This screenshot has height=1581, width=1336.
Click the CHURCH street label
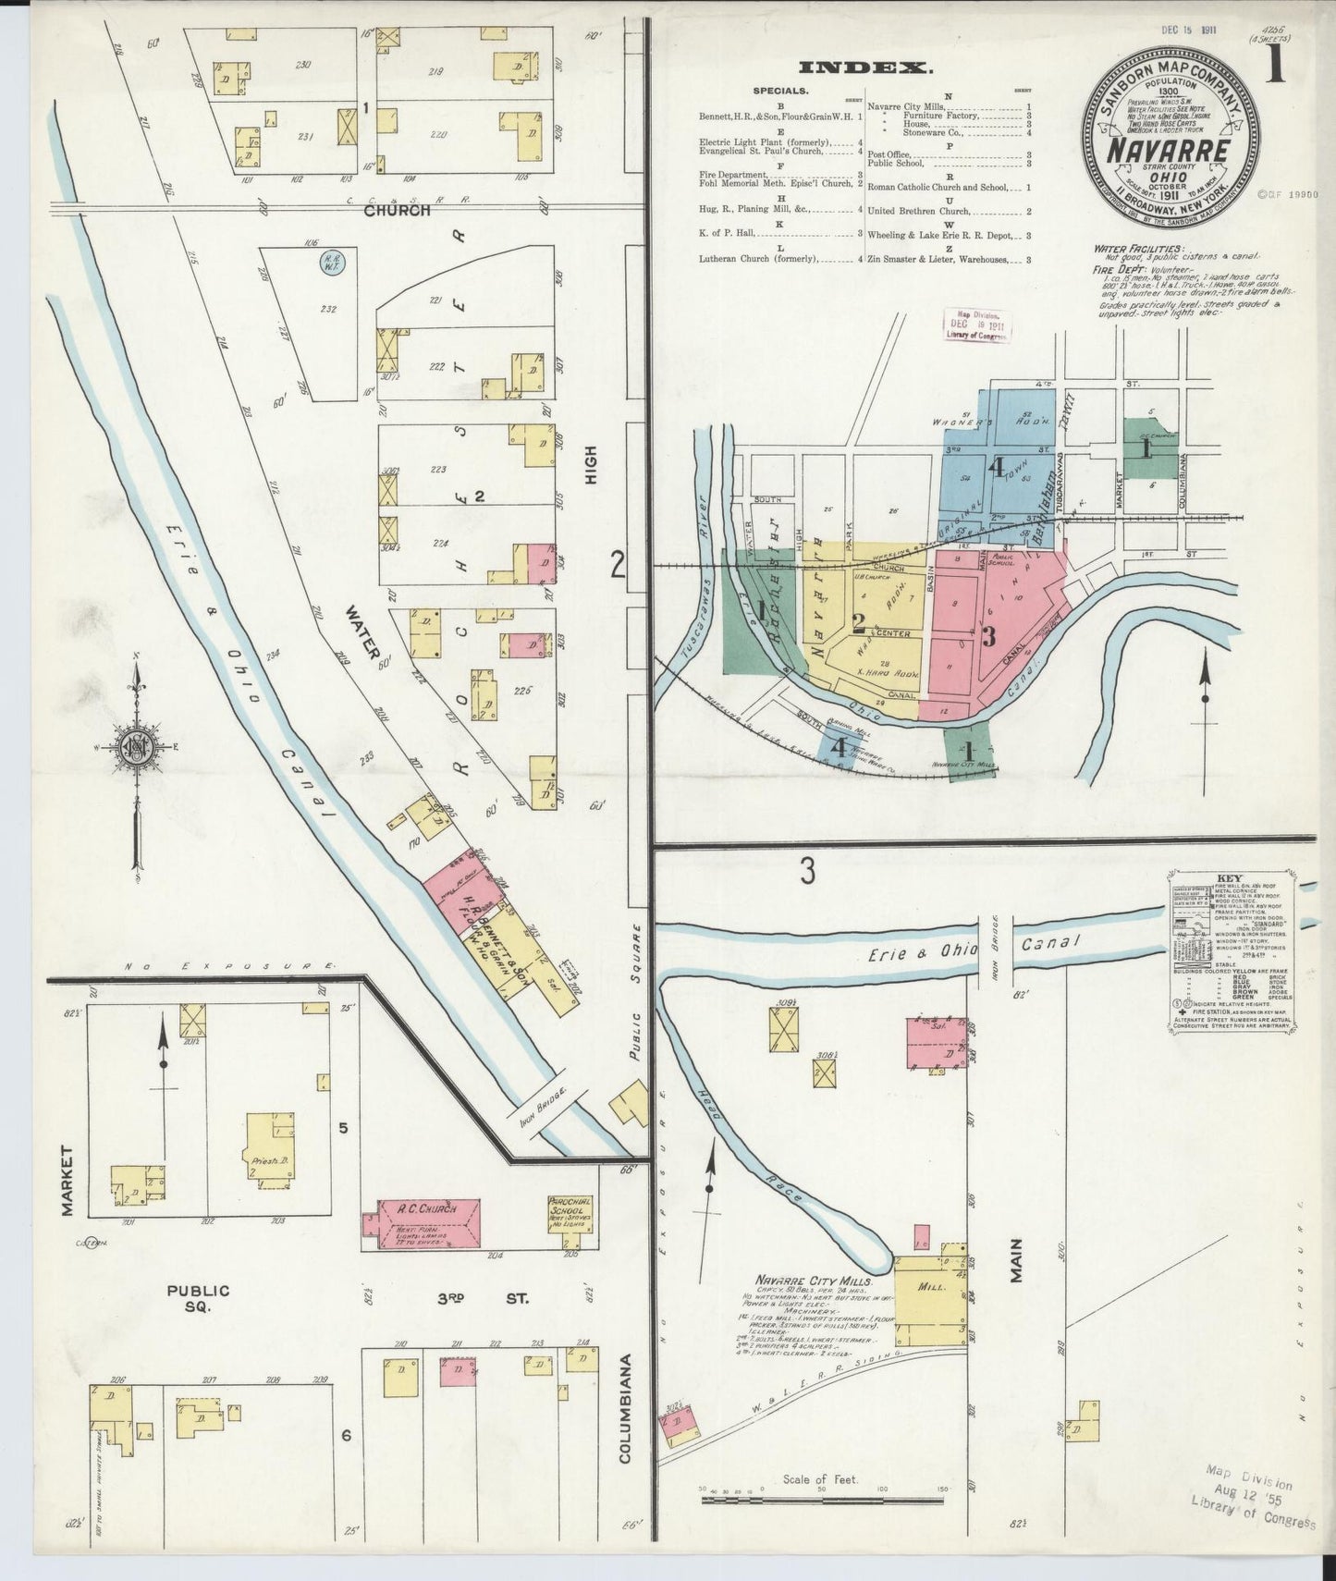click(398, 210)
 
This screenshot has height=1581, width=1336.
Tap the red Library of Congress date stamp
click(974, 325)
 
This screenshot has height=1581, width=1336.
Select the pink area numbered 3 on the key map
click(989, 635)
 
